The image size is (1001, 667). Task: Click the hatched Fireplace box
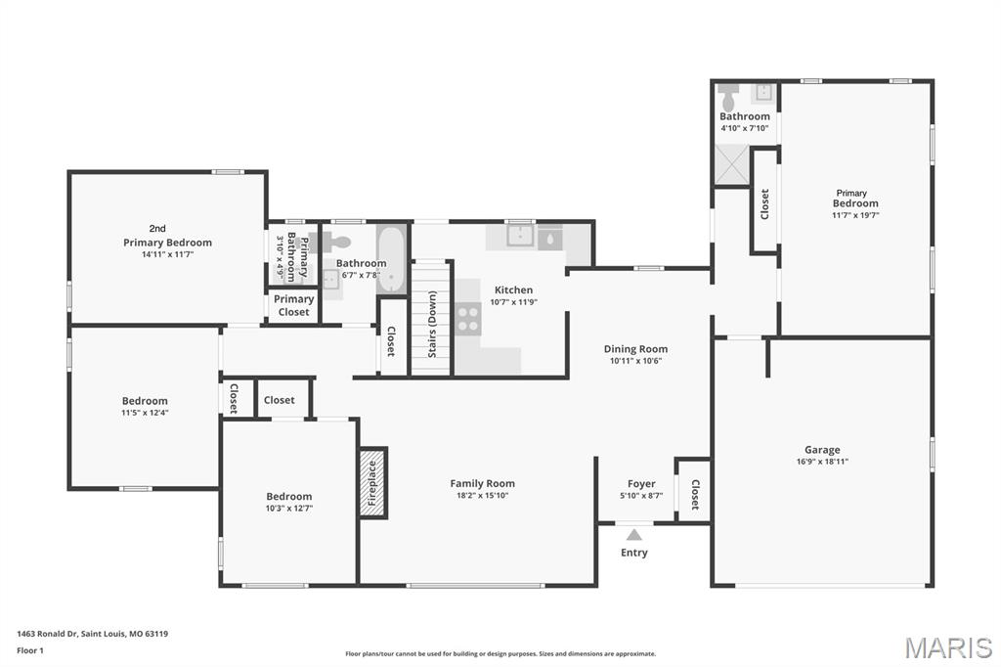(372, 483)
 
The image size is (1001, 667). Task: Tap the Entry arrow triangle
(633, 535)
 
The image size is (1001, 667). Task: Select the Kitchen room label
(513, 290)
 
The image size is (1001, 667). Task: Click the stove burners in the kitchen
(468, 320)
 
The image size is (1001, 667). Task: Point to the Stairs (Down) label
(432, 324)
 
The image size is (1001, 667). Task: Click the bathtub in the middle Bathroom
(391, 258)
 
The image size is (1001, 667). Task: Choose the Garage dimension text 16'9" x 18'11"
(822, 462)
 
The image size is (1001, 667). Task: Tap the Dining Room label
(635, 349)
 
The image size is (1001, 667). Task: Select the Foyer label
(641, 484)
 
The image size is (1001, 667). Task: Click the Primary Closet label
(293, 305)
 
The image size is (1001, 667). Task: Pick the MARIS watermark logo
(948, 647)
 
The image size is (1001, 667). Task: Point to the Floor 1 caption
(30, 650)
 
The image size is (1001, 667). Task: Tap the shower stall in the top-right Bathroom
(731, 165)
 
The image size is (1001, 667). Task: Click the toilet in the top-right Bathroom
(727, 97)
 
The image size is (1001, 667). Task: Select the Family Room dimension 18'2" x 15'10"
(483, 495)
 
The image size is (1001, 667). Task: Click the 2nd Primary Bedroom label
(167, 236)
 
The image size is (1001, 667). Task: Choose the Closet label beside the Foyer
(695, 495)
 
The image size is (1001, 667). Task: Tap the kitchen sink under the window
(521, 235)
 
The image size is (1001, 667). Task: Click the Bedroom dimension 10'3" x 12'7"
(289, 509)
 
